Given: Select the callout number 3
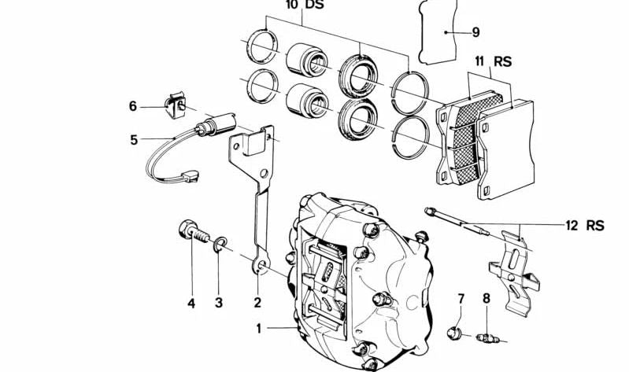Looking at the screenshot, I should point(220,302).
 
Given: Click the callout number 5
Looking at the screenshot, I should point(134,141).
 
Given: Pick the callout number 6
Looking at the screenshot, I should point(134,106).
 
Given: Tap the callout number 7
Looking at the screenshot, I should point(462,298).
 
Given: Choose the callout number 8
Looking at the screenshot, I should point(487,298).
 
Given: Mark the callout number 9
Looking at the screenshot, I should point(475,32).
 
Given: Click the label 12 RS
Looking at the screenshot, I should point(583,226).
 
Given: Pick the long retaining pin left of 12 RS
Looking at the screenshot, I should point(457,219).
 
